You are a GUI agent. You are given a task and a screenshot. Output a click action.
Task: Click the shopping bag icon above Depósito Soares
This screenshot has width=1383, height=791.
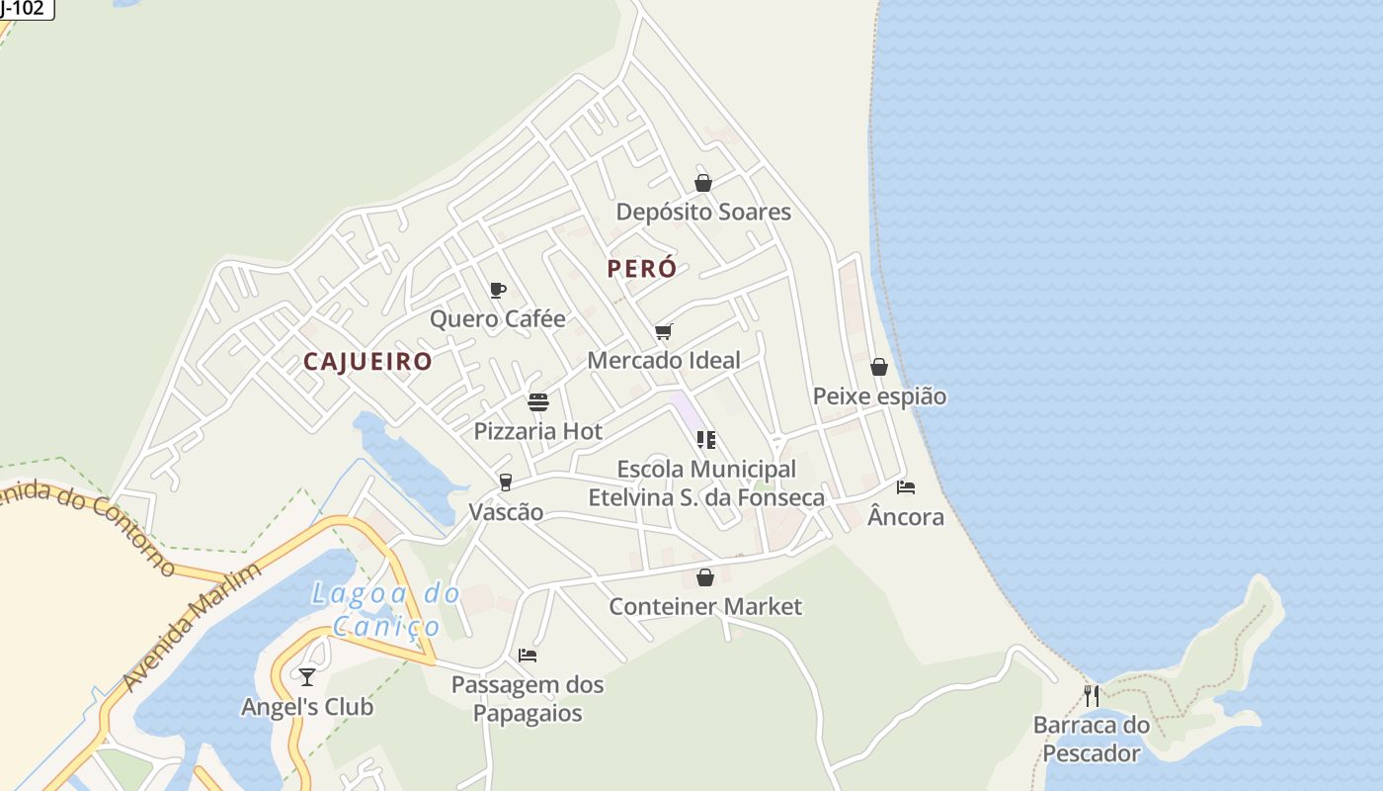pyautogui.click(x=703, y=183)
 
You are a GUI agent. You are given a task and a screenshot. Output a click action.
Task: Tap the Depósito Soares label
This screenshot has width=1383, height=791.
pyautogui.click(x=703, y=212)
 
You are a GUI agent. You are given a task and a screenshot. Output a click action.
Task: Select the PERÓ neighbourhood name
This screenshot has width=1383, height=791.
pyautogui.click(x=642, y=268)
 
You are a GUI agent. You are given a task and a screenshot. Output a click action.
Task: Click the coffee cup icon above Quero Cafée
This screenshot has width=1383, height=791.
pyautogui.click(x=498, y=290)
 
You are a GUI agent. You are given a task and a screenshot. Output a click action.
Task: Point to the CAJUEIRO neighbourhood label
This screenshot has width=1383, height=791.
pyautogui.click(x=367, y=362)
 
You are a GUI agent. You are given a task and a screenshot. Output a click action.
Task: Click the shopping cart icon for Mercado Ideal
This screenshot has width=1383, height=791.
pyautogui.click(x=663, y=331)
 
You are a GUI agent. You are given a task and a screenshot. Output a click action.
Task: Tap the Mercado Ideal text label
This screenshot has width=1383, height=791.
pyautogui.click(x=664, y=360)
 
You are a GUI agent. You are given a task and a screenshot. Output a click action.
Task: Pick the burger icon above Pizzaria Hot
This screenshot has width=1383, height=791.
pyautogui.click(x=538, y=402)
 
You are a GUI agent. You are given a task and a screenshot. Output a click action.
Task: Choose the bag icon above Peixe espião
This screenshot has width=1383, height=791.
pyautogui.click(x=879, y=367)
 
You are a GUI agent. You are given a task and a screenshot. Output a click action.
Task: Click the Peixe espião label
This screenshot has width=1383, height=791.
pyautogui.click(x=879, y=396)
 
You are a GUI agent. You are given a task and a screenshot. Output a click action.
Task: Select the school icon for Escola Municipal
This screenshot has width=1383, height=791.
pyautogui.click(x=705, y=439)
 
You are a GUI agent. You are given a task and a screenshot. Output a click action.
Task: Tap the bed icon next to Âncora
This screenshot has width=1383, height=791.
pyautogui.click(x=905, y=487)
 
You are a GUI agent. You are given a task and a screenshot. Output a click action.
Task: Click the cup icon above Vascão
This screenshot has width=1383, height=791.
pyautogui.click(x=506, y=483)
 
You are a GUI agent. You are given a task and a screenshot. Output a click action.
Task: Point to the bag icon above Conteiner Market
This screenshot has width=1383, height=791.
pyautogui.click(x=705, y=577)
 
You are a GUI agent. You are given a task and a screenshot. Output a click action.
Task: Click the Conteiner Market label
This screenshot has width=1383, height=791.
pyautogui.click(x=705, y=606)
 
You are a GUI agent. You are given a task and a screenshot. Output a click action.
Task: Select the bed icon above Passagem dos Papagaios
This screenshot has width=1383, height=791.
pyautogui.click(x=528, y=656)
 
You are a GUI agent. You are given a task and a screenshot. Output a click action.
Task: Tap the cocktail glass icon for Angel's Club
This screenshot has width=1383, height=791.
pyautogui.click(x=307, y=677)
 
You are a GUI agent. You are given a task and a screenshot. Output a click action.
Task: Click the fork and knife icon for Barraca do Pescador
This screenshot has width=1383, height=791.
pyautogui.click(x=1091, y=695)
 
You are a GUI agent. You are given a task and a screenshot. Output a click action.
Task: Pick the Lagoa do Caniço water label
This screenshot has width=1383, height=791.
pyautogui.click(x=386, y=609)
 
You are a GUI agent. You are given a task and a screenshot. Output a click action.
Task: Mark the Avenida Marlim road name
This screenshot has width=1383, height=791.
pyautogui.click(x=194, y=627)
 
